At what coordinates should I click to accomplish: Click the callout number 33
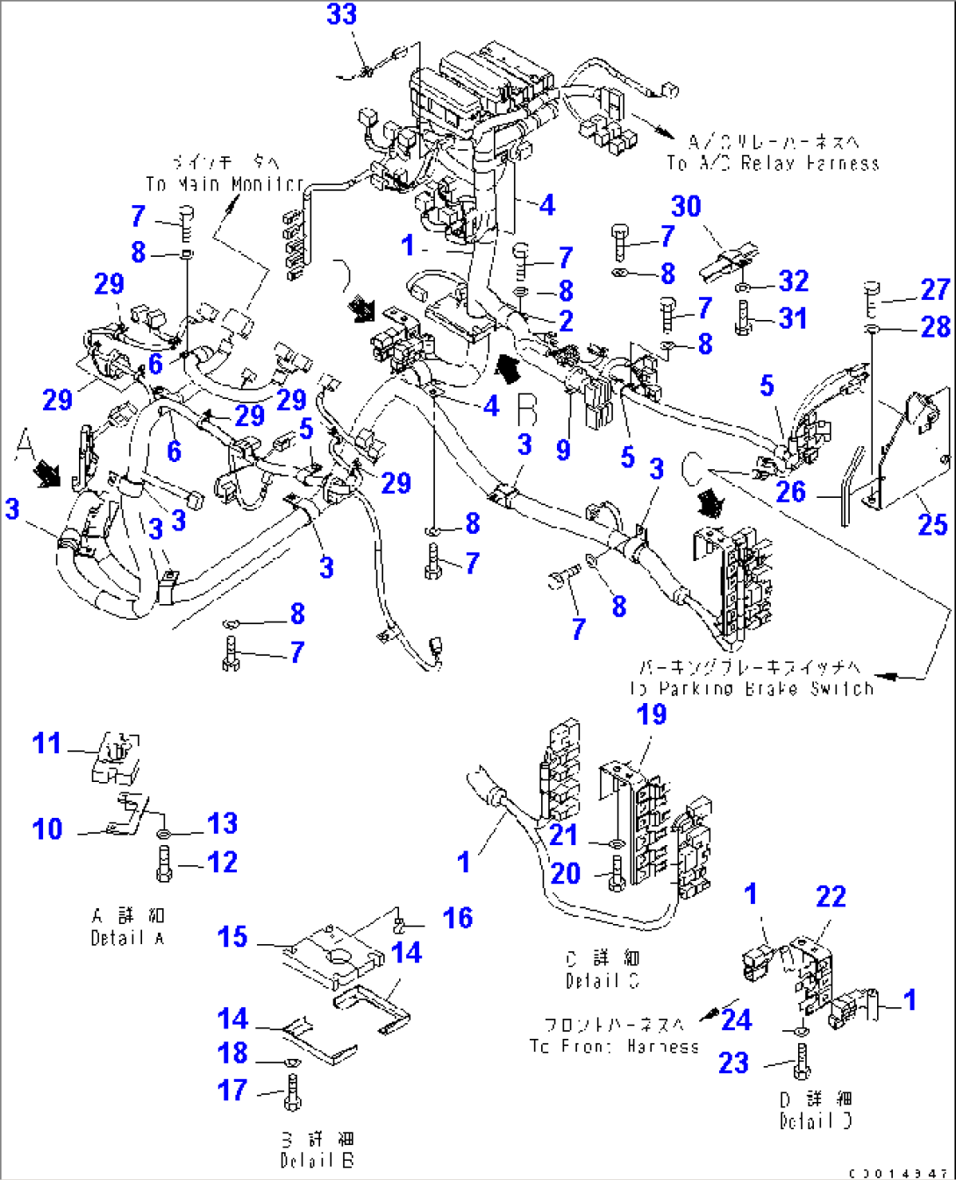pos(341,15)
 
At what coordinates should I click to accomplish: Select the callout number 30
pos(686,207)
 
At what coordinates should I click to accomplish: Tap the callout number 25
pos(932,525)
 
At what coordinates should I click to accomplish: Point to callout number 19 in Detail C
pos(652,715)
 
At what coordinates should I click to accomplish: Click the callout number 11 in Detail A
pos(47,743)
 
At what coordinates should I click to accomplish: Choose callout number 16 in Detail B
pos(458,918)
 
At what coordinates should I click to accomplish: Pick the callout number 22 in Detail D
pos(831,897)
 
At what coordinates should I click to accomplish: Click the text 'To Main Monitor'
pos(225,184)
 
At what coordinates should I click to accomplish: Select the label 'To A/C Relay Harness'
pos(773,164)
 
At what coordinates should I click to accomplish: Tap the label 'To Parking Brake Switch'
pos(753,689)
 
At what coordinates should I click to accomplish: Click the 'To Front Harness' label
pos(614,1046)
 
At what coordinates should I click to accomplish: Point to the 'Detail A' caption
pos(127,938)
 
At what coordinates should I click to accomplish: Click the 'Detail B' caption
pos(317,1161)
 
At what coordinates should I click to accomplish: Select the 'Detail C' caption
pos(603,981)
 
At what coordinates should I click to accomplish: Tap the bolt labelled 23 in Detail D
pos(801,1063)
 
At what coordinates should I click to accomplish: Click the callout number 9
pos(563,450)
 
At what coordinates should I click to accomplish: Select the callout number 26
pos(790,493)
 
